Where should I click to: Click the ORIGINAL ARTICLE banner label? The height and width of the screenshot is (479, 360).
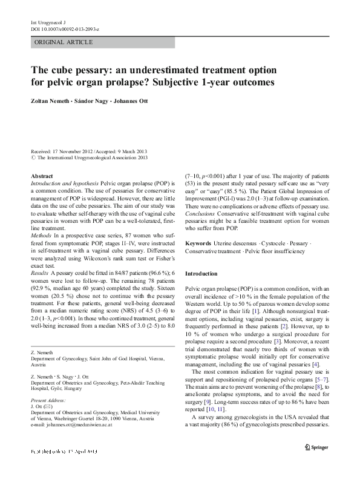(x=64, y=42)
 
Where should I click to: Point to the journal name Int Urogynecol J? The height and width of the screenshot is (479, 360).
(x=48, y=22)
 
